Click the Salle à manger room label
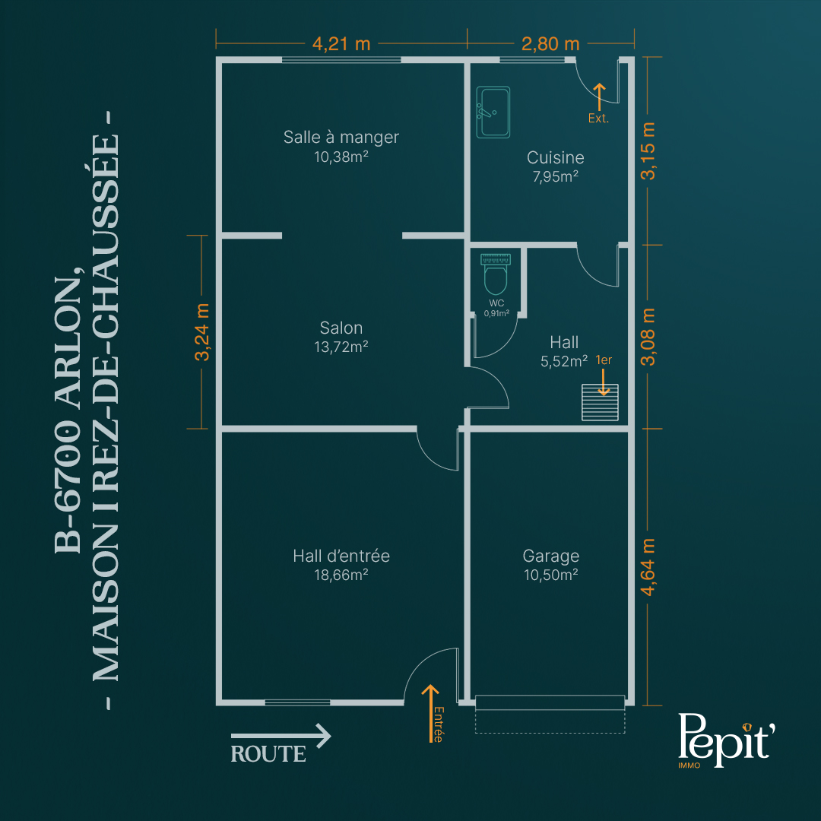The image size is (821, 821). point(341,137)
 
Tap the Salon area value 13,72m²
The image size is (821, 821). point(341,347)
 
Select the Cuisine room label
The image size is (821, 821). point(555,157)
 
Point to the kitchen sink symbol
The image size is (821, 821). point(493,112)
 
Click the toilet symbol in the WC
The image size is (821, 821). point(496,274)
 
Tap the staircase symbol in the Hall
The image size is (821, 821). point(600,402)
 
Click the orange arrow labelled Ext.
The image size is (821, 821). point(599,97)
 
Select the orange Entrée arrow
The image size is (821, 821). point(430,713)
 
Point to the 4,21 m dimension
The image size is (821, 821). point(341,44)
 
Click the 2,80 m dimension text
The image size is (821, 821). point(550,44)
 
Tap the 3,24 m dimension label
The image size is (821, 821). point(202,332)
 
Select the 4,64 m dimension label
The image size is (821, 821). point(648,567)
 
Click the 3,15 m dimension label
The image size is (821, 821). point(648,151)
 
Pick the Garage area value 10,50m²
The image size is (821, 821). point(551,575)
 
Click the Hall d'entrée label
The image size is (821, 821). point(341,556)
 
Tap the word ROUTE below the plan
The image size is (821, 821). point(268,754)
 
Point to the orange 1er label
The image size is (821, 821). point(604,360)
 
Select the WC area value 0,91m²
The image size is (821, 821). point(496,314)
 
